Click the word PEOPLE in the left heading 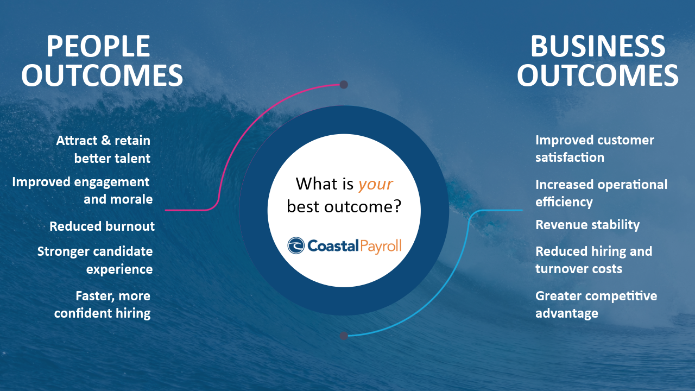click(x=98, y=46)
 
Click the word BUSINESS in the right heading click(x=598, y=46)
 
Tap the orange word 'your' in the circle click(x=375, y=184)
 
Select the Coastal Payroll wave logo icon click(x=296, y=245)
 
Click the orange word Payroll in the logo click(x=381, y=247)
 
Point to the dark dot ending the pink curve click(x=344, y=84)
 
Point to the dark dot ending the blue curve click(x=344, y=336)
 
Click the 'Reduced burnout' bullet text click(x=102, y=226)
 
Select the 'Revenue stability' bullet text click(x=587, y=225)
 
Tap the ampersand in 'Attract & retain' click(x=106, y=140)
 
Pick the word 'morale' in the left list click(x=133, y=199)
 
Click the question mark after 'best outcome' click(x=397, y=206)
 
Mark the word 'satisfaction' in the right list click(x=570, y=157)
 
